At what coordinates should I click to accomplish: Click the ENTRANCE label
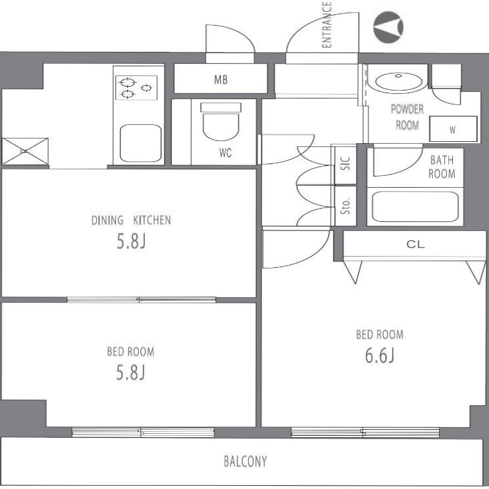click(x=326, y=25)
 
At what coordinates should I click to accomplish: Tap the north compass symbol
click(x=388, y=27)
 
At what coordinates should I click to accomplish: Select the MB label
click(x=221, y=80)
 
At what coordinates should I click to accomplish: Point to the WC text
click(x=225, y=153)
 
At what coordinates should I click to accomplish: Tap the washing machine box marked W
click(x=454, y=129)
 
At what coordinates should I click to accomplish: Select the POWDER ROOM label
click(x=407, y=117)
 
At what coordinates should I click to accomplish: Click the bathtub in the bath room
click(x=416, y=206)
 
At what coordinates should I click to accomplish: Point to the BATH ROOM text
click(x=442, y=167)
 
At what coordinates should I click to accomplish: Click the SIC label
click(x=345, y=163)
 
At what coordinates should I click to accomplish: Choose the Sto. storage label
click(x=345, y=206)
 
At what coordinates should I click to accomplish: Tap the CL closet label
click(x=416, y=244)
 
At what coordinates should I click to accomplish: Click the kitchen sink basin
click(x=141, y=143)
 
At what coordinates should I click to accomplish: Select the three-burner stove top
click(x=136, y=88)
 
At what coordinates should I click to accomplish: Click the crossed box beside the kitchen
click(x=25, y=151)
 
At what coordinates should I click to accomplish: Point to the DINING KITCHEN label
click(x=131, y=220)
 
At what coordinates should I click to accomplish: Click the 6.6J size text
click(x=380, y=355)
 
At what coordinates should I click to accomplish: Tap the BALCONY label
click(x=245, y=461)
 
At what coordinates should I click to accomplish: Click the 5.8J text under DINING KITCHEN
click(x=131, y=241)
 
